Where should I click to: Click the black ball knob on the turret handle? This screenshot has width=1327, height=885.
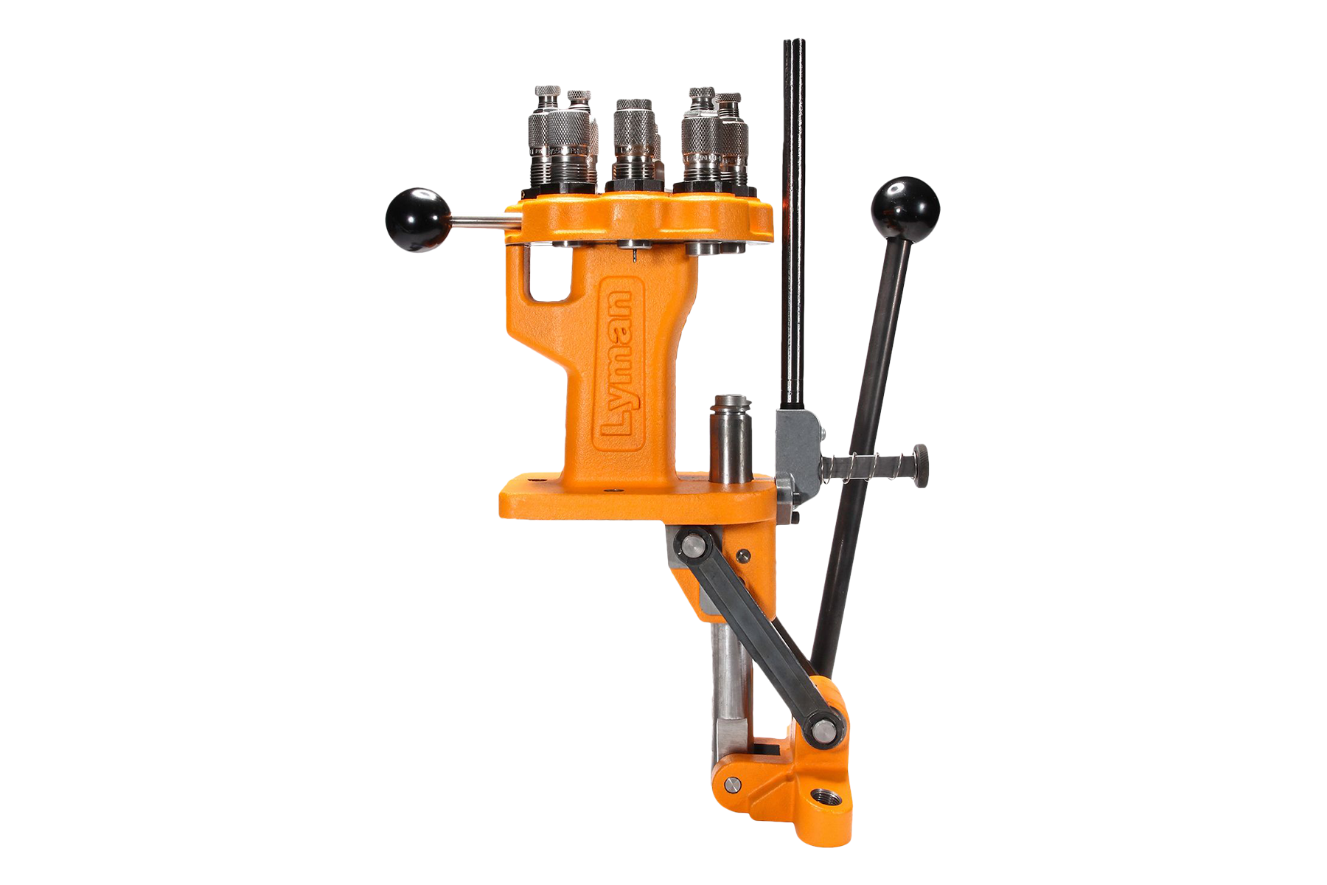[x=417, y=220]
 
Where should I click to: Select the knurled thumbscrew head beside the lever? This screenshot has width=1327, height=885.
[x=921, y=465]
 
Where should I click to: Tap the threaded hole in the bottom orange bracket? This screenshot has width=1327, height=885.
[x=819, y=797]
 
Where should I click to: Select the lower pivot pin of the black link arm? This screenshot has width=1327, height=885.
[x=821, y=731]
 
